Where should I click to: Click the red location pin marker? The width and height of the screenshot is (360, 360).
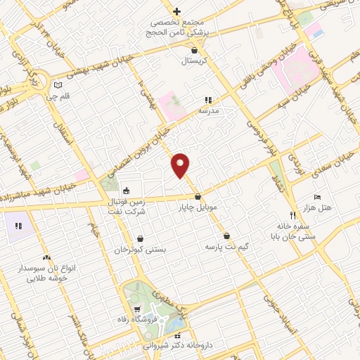(181, 165)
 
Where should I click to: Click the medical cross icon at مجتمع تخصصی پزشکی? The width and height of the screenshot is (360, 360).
(177, 11)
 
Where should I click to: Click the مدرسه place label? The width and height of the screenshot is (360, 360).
(207, 111)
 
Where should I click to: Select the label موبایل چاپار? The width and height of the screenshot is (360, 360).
(198, 207)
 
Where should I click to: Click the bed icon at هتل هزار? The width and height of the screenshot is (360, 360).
(317, 198)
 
